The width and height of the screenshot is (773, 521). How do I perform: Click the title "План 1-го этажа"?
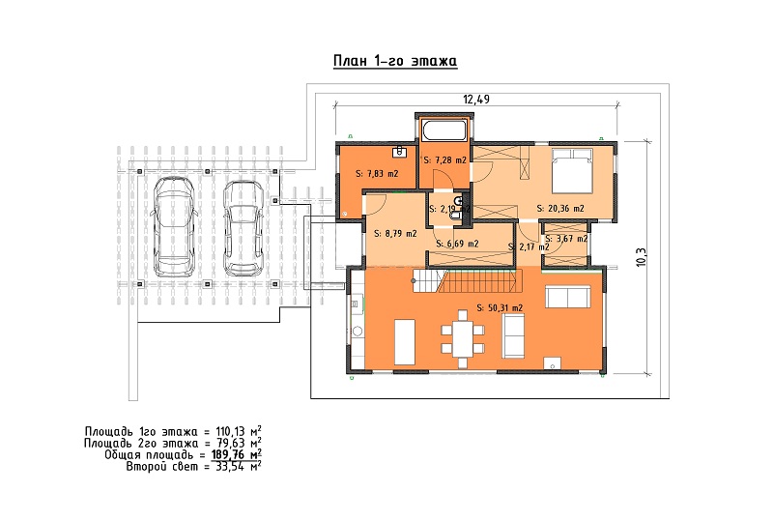tap(395, 61)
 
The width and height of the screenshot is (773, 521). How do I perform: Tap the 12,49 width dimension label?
tap(476, 100)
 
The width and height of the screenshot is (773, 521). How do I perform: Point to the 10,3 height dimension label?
tap(641, 257)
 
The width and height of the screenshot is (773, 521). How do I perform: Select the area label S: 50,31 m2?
tap(500, 307)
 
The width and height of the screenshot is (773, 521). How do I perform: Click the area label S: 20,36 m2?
tap(560, 209)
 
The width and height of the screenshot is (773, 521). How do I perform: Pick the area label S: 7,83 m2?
tap(377, 174)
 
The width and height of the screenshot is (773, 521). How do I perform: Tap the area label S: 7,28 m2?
tap(444, 160)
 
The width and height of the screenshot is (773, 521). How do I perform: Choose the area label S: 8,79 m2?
tap(395, 233)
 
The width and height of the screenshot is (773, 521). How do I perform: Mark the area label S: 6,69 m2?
tap(457, 244)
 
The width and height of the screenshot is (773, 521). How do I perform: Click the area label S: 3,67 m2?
tap(566, 239)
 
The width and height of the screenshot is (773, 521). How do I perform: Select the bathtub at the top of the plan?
tap(444, 130)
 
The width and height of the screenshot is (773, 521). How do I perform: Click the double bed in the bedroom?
tap(572, 170)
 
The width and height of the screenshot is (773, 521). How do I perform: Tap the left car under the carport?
tap(174, 227)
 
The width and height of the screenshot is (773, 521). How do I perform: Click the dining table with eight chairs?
tap(463, 339)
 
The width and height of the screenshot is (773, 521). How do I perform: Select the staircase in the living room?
tap(467, 281)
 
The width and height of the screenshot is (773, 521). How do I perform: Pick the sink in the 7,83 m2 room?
tap(399, 152)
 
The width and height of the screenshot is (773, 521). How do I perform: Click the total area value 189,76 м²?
tap(237, 454)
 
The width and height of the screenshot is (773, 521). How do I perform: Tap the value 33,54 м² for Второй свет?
tap(239, 466)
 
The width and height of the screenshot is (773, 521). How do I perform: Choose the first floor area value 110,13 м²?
tap(239, 431)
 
